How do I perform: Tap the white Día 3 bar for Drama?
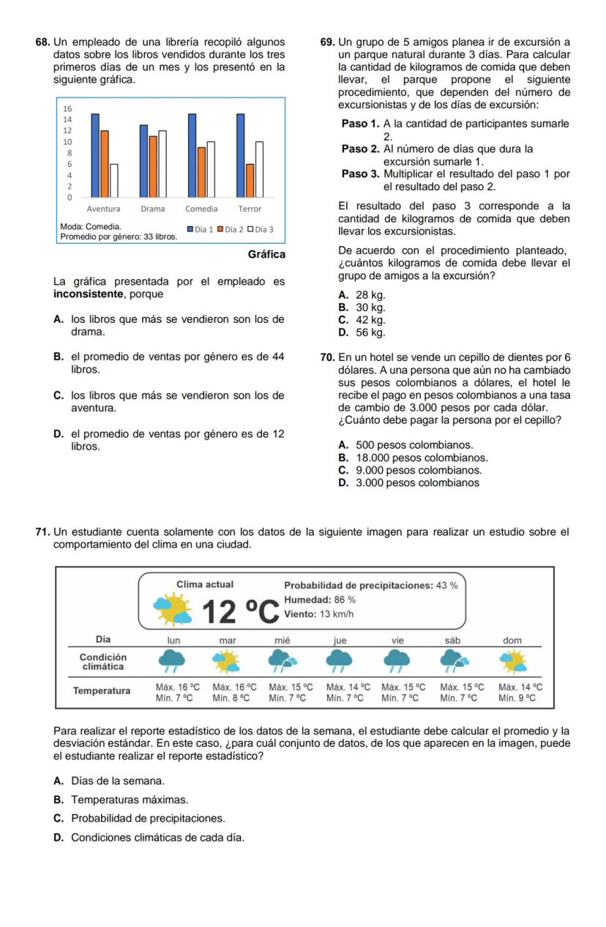coord(162,164)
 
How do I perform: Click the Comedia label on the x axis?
coord(201,209)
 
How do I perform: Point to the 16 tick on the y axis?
coord(68,108)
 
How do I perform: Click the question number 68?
coord(42,42)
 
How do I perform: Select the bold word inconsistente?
coord(88,294)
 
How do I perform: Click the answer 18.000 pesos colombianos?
coord(414,458)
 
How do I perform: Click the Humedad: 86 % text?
coord(320,600)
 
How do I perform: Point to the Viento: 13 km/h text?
coord(318,614)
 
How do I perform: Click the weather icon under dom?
coord(512,661)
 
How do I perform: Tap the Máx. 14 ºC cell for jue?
coord(348,688)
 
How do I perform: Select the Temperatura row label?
coord(102,690)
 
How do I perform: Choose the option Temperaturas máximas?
coord(130,800)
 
